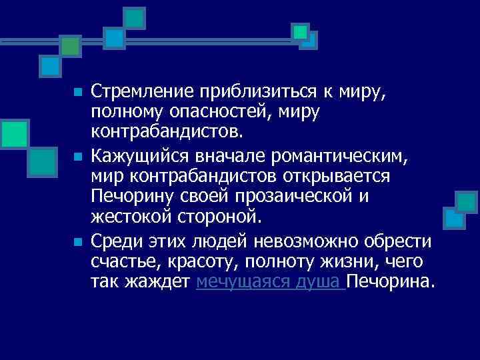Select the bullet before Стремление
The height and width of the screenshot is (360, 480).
coord(78,91)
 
